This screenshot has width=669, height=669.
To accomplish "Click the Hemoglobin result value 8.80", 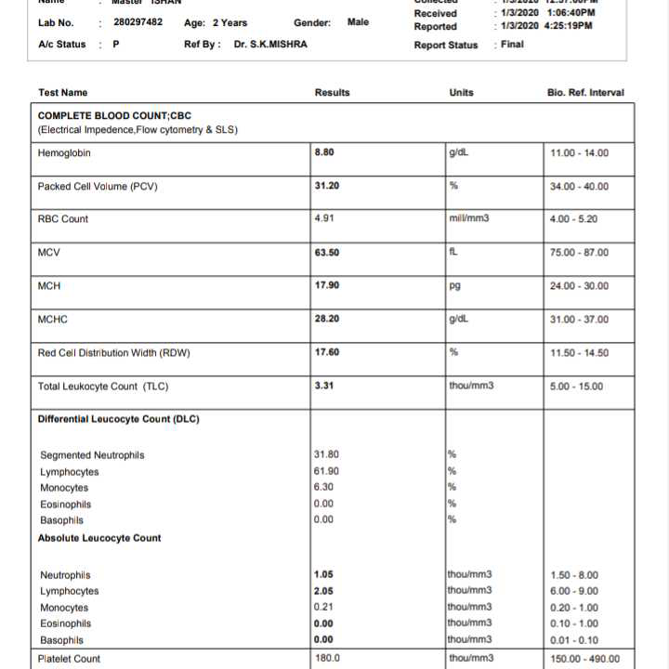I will [x=325, y=152].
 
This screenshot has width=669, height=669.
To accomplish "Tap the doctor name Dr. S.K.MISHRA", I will [x=270, y=44].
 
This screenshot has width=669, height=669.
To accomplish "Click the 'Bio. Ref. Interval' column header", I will [x=586, y=92].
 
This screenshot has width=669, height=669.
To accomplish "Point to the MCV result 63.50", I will [x=327, y=252].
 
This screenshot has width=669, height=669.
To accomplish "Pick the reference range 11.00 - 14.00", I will [x=580, y=153].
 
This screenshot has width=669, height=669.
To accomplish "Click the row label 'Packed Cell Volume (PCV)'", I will [x=98, y=186].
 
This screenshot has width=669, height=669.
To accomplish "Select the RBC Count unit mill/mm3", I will [x=468, y=218].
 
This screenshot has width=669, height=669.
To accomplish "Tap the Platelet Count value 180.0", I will [x=328, y=658].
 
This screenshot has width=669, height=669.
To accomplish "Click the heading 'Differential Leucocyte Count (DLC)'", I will [x=118, y=419].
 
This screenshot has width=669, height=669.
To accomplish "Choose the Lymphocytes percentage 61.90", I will [x=327, y=471].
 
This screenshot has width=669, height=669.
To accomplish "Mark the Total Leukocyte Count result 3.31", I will [x=324, y=386].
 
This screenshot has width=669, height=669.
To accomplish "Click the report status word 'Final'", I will [x=512, y=44].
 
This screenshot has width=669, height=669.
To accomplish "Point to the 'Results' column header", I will [x=333, y=92].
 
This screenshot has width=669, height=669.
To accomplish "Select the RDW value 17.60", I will [x=327, y=352].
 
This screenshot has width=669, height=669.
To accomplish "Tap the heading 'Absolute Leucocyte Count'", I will [x=99, y=538].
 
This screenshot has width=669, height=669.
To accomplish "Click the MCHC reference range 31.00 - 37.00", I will [x=580, y=320].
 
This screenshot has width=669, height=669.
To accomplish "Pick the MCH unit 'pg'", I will [x=455, y=285].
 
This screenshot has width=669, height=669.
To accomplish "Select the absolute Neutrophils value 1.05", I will [x=324, y=574].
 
